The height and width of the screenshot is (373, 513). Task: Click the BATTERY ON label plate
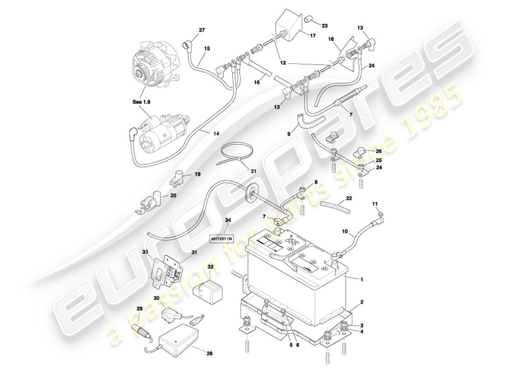[x=222, y=238]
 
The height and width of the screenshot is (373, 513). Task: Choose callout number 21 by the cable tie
[x=254, y=171]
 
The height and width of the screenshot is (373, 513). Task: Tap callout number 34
[x=228, y=220]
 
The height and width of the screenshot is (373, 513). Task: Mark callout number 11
[x=374, y=204]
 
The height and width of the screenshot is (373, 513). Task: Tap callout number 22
[x=349, y=199]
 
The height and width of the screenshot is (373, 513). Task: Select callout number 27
[x=201, y=31]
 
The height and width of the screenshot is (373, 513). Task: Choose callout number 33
[x=145, y=252]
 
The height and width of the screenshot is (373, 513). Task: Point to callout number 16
[x=256, y=82]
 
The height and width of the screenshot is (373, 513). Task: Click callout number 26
[x=378, y=151]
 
